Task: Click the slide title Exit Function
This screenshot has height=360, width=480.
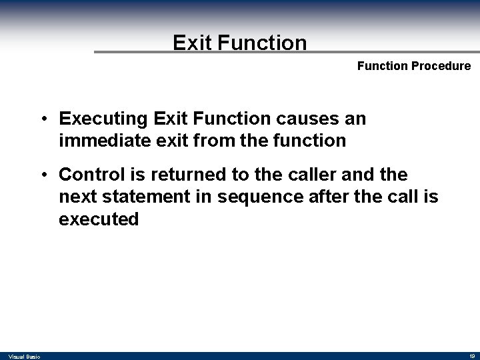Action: pos(240,43)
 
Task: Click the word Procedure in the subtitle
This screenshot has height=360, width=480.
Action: pos(443,66)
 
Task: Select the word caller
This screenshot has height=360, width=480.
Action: pos(296,175)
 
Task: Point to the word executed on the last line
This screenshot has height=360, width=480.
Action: pos(99,219)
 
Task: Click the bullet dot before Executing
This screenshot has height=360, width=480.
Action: pos(43,120)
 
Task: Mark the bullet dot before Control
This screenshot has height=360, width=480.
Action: pos(43,175)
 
